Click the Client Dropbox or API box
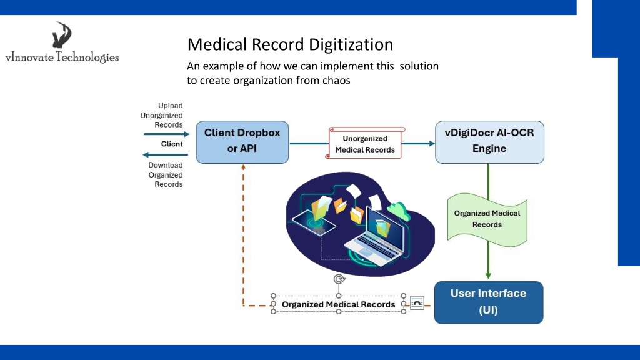point(242,142)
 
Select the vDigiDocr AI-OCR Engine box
point(489,142)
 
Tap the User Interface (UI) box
point(489,302)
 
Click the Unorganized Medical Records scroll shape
point(365,143)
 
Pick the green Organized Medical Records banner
point(487,219)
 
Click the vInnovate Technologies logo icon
point(62,35)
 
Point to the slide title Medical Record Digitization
point(290,44)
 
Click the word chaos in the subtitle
point(336,81)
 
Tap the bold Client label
point(172,144)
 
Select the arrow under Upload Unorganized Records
point(166,134)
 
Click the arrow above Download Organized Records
point(165,155)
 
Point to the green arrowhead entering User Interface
point(488,276)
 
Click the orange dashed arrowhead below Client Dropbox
point(243,167)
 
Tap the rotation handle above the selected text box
point(339,279)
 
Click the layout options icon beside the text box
point(417,303)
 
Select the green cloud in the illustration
point(399,211)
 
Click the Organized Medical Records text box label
point(338,304)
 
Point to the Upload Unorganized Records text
point(162,115)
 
